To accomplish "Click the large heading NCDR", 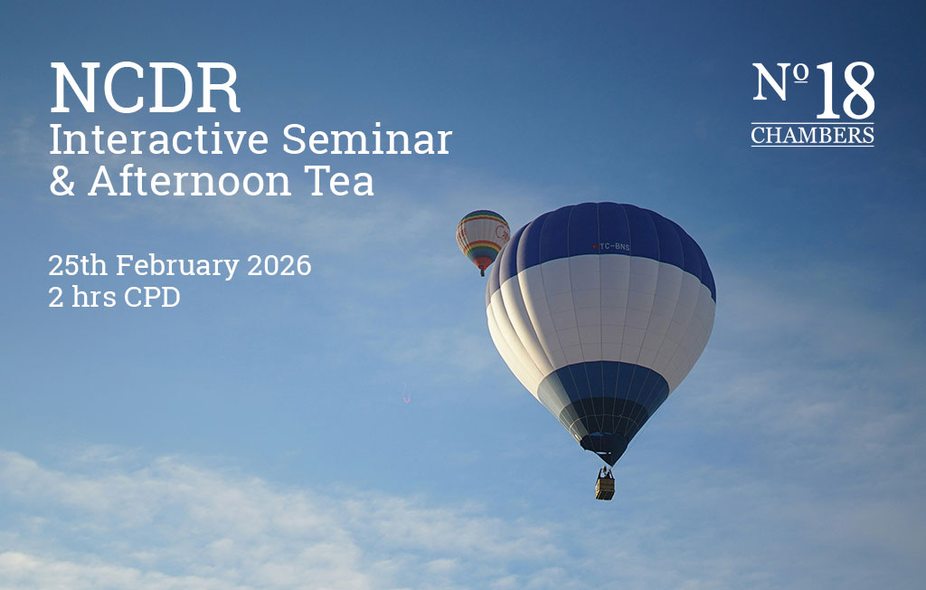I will (x=145, y=89).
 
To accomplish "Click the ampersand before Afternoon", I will (x=61, y=181).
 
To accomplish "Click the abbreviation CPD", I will (x=151, y=297).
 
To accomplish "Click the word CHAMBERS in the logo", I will (x=812, y=137).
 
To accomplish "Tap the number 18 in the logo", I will (x=845, y=91).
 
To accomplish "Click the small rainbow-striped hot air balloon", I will (x=483, y=238).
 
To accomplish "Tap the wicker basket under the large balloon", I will (x=605, y=487).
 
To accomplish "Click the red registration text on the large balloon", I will (x=612, y=246).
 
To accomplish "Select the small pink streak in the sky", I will (x=406, y=395).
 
